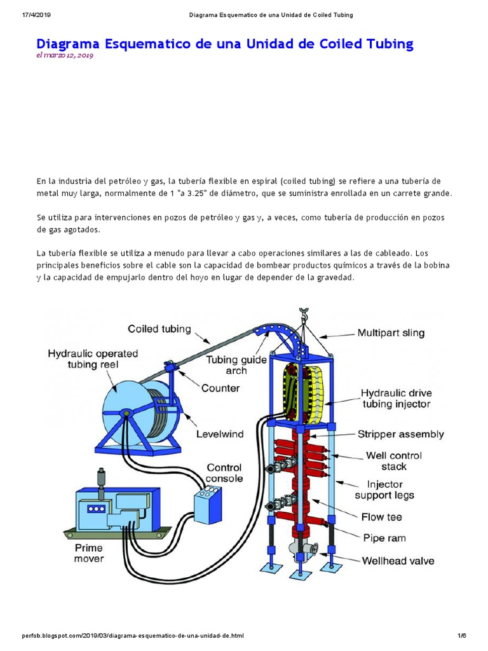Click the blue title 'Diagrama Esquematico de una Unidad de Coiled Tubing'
pos(225,44)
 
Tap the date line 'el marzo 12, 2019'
pos(65,56)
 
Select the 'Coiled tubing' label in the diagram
pos(159,329)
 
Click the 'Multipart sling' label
pos(391,332)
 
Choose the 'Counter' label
pos(220,388)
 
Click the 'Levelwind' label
pos(220,434)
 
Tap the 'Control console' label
pos(224,473)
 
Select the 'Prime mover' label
pos(88,553)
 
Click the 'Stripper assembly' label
pos(400,435)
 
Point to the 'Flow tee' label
pos(381,517)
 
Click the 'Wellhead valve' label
pos(398,561)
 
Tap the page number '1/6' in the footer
pos(461,636)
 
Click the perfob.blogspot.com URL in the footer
pos(132,636)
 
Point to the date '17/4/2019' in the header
pos(24,15)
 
